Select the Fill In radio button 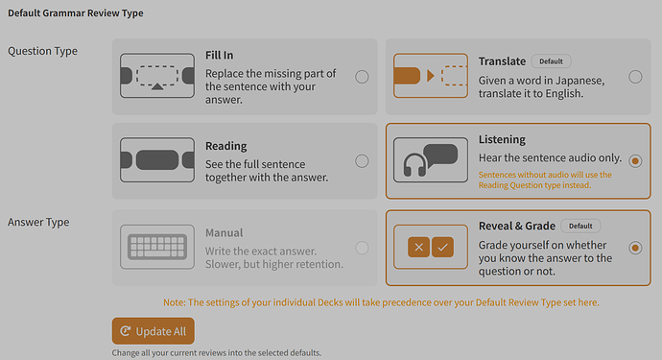coord(362,77)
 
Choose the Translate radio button coord(635,77)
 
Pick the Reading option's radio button coord(362,161)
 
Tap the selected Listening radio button coord(635,161)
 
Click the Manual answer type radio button coord(362,248)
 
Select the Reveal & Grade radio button coord(635,248)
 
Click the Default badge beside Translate coord(551,61)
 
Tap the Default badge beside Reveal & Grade coord(580,226)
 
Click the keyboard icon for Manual coord(157,247)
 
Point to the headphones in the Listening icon coord(414,165)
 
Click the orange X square coord(419,247)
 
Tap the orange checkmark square coord(442,247)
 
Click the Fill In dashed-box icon coord(157,76)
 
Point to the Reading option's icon coord(157,160)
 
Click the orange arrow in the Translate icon coord(431,76)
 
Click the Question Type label coord(42,51)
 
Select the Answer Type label coord(38,223)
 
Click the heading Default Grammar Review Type coord(76,13)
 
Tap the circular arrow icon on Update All coord(126,331)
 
